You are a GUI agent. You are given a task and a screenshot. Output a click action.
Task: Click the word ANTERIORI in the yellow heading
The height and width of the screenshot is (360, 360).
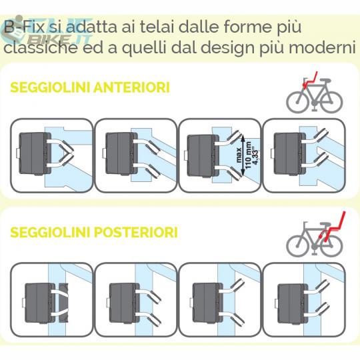[x=131, y=87]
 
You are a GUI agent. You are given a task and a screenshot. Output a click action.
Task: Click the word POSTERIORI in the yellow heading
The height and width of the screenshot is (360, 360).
[x=136, y=232]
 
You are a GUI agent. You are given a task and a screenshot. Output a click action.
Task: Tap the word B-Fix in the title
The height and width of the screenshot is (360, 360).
[x=24, y=27]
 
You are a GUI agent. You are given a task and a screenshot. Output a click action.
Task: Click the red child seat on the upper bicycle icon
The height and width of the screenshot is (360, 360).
[x=311, y=80]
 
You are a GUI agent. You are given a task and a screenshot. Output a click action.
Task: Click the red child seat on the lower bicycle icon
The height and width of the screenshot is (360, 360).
[x=333, y=227]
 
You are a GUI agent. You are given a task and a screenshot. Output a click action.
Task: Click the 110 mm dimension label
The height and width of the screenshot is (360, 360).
[x=248, y=155]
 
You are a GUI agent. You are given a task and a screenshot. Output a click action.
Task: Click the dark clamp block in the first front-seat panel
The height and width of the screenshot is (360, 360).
[x=34, y=154]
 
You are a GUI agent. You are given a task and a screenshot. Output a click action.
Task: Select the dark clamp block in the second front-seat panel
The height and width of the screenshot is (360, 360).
[x=121, y=154]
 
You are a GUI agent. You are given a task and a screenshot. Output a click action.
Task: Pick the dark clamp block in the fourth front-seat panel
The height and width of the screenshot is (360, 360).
[x=290, y=154]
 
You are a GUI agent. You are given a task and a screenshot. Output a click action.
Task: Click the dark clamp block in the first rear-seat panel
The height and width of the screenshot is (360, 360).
[x=39, y=303]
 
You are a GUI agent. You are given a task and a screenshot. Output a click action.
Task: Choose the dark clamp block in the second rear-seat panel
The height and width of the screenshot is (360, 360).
[x=125, y=303]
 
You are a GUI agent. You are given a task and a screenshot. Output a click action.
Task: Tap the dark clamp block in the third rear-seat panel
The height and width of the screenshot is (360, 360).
[x=207, y=303]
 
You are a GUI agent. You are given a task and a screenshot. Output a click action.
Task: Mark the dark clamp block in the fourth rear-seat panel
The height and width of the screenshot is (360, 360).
[x=293, y=303]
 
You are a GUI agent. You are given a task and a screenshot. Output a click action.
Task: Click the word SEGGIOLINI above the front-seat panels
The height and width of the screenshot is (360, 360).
[x=51, y=87]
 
